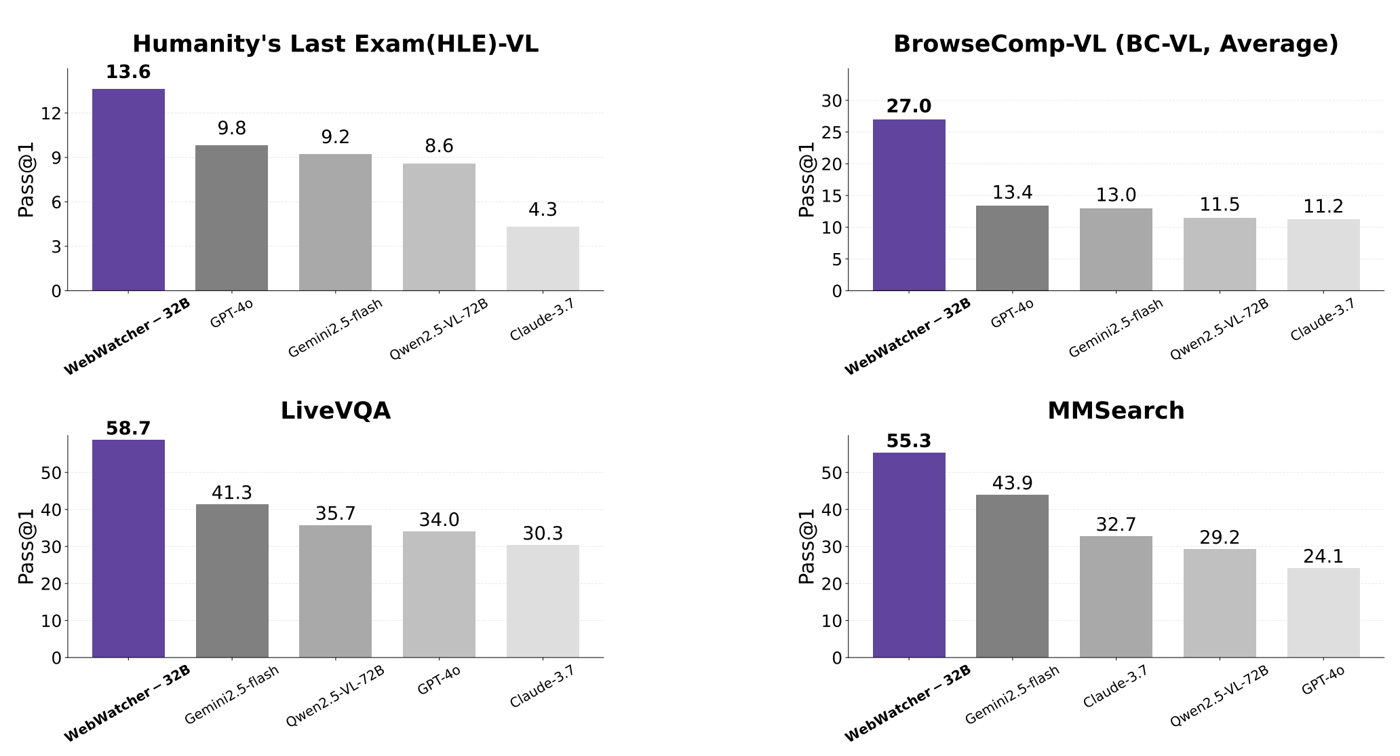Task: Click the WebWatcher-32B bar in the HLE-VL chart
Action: point(128,190)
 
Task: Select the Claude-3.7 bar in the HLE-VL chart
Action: point(543,259)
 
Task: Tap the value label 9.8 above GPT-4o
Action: point(231,128)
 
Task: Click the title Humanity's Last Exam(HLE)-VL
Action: point(335,44)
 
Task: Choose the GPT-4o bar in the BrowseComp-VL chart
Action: point(1012,248)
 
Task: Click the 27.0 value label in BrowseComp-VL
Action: point(908,107)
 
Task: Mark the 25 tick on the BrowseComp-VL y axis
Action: point(832,132)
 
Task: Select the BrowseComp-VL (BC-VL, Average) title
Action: point(1116,44)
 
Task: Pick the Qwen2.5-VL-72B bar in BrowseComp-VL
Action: point(1220,254)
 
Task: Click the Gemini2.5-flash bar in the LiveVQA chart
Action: point(232,580)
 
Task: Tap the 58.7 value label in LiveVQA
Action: point(128,429)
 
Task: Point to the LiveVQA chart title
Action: point(335,411)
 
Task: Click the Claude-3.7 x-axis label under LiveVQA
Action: point(542,687)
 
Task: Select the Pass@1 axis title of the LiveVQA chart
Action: point(26,546)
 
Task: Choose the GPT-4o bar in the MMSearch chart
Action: point(1323,613)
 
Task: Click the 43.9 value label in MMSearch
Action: point(1012,483)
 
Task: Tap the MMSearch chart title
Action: point(1116,411)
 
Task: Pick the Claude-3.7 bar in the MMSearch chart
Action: point(1116,597)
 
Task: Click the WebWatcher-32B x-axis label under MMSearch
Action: point(908,703)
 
